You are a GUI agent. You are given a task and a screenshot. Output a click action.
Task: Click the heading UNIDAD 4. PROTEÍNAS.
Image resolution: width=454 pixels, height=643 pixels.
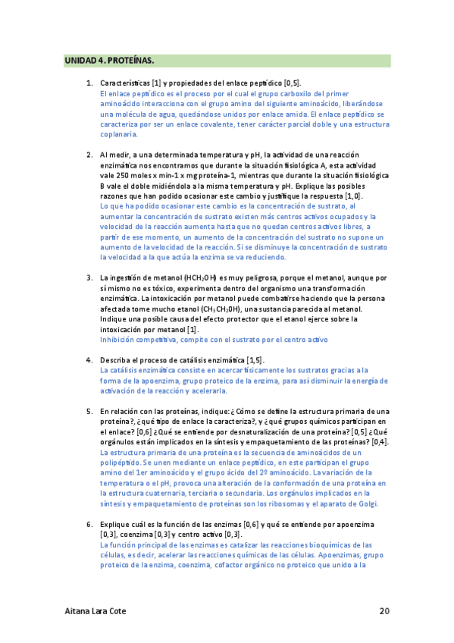(x=109, y=60)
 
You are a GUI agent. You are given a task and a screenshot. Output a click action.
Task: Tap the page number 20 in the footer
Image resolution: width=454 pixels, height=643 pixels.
(x=384, y=610)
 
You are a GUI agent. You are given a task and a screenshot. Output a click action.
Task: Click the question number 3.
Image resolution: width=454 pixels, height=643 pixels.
(x=89, y=278)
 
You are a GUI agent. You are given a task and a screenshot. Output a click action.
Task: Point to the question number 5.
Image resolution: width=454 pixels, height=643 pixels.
(x=89, y=409)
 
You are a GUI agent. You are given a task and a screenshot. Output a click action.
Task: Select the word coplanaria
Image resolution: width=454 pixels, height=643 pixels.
(x=118, y=134)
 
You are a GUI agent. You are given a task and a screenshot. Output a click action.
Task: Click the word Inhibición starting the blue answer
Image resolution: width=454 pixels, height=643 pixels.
(x=119, y=340)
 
